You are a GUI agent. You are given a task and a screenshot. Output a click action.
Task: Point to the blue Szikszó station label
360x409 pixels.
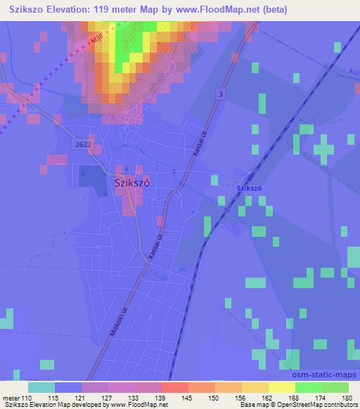coord(249,189)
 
